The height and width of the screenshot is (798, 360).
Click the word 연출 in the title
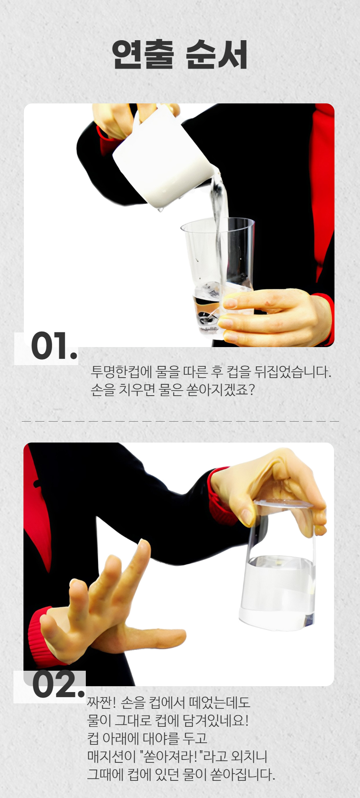click(x=143, y=54)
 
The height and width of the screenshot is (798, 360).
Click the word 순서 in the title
click(x=216, y=54)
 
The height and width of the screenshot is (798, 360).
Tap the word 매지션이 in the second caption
click(x=112, y=756)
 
